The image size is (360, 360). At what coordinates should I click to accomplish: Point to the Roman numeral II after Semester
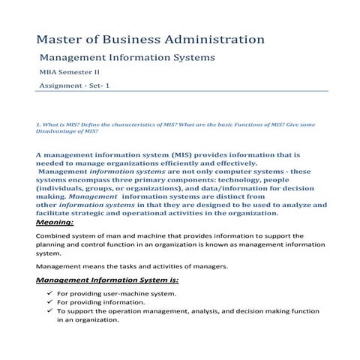[x=94, y=73]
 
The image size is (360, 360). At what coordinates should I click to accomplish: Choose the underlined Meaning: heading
[x=55, y=222]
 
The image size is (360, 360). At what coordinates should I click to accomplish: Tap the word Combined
[x=55, y=235]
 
